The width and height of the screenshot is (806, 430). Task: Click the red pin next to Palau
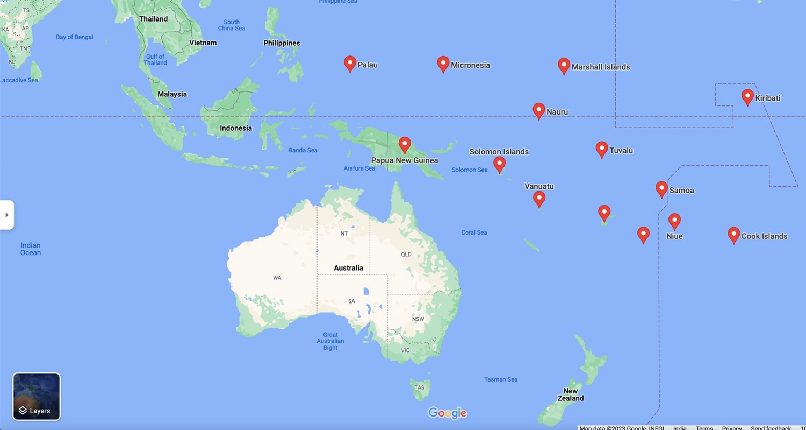[350, 64]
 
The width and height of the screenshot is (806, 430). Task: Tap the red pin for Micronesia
[443, 64]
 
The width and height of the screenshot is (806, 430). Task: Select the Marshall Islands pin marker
[564, 66]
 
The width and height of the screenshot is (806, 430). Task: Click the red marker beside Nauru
[538, 110]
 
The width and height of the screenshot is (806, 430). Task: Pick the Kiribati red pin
[747, 97]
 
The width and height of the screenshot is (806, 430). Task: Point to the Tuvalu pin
[602, 149]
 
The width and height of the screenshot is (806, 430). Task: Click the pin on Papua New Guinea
[405, 144]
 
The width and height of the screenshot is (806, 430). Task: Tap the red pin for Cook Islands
[733, 235]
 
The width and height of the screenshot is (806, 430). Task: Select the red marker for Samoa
[661, 189]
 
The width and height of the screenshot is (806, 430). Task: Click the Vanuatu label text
[539, 186]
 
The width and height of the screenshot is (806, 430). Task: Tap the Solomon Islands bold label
[499, 152]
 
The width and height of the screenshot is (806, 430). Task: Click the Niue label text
[674, 236]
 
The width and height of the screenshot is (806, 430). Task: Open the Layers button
[37, 397]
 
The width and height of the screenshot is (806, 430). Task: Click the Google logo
[447, 413]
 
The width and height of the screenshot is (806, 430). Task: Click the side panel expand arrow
[6, 215]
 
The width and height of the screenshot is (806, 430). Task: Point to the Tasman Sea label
[501, 379]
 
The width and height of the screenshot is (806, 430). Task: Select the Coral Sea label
[474, 232]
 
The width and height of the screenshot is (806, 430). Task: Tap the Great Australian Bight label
[330, 341]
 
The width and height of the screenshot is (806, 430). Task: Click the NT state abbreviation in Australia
[344, 234]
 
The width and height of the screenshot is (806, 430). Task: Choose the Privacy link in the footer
[731, 427]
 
